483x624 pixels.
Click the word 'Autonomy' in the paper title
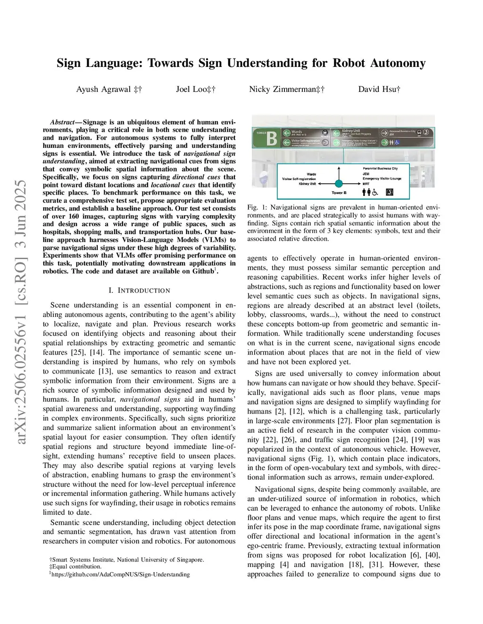tap(398, 63)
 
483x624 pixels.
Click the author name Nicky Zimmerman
tap(283, 89)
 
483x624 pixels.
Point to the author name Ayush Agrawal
tap(104, 89)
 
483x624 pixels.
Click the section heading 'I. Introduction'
tap(139, 291)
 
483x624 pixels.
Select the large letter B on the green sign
tap(272, 138)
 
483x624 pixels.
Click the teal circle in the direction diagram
tap(339, 184)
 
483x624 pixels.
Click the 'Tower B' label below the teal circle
tap(339, 193)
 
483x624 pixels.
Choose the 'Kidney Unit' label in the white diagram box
tap(307, 184)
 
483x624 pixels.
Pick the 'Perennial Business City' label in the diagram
tap(380, 168)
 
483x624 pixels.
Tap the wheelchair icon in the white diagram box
tap(375, 192)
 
